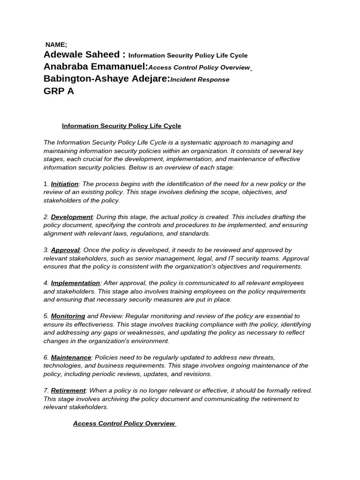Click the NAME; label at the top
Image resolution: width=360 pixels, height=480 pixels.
coord(56,45)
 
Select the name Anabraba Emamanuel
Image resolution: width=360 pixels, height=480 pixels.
coord(96,67)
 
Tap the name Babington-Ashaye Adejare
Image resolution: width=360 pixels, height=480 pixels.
coord(106,79)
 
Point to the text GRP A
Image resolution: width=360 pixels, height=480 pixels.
coord(59,91)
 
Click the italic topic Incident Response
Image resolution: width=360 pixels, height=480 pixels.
coord(200,80)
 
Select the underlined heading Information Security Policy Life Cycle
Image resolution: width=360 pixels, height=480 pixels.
coord(121,126)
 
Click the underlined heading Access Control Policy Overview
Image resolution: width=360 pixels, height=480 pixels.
coord(124,423)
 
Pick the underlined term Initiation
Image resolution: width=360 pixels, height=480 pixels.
coord(65,184)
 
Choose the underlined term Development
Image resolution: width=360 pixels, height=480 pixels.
coord(72,217)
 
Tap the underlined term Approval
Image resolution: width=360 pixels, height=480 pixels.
coord(65,250)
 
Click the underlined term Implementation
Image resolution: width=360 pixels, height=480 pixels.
coord(75,283)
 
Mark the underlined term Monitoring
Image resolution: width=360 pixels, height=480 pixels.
coord(68,316)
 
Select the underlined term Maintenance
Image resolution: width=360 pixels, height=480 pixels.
coord(71,358)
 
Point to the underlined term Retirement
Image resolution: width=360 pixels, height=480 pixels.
coord(68,390)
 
